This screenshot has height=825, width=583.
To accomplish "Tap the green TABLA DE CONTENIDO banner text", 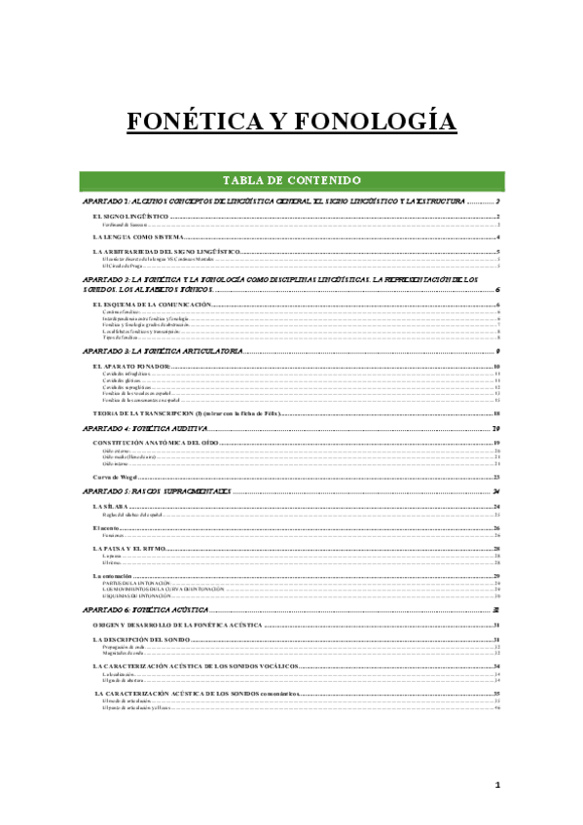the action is click(292, 180).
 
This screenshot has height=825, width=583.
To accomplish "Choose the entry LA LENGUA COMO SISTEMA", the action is click(138, 236).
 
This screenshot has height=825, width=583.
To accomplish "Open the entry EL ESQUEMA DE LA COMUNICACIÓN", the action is click(152, 305).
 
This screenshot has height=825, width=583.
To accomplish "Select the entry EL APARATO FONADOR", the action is click(131, 366).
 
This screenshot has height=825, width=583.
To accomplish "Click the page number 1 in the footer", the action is click(497, 785).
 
